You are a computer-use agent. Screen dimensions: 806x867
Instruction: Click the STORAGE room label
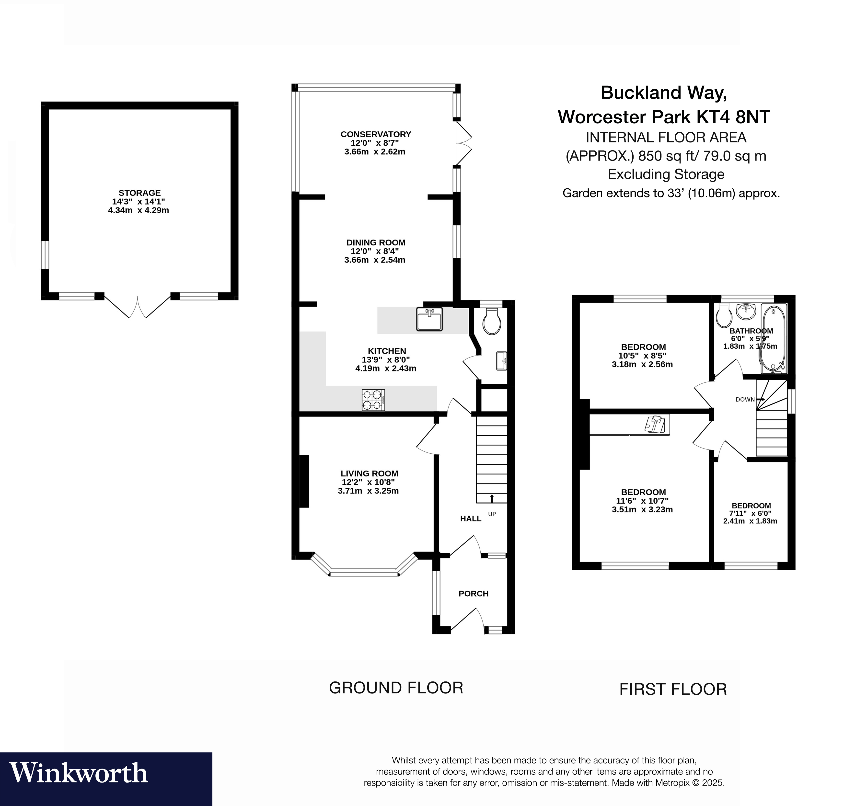(x=139, y=193)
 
